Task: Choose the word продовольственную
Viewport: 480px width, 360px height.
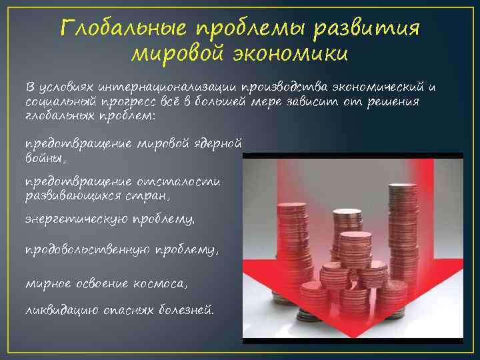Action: [x=87, y=249]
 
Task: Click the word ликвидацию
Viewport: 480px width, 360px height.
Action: [x=61, y=309]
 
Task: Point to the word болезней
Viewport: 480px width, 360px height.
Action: [x=187, y=309]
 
